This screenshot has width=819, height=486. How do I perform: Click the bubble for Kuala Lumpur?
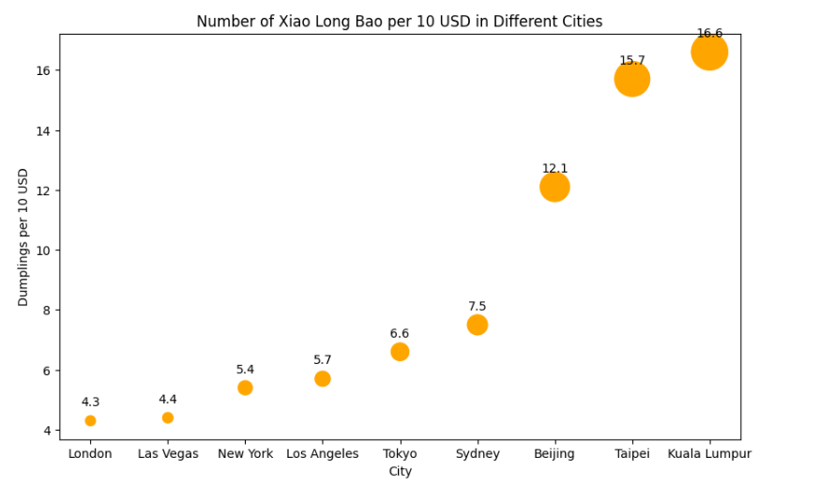coord(709,53)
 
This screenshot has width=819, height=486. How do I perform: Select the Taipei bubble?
coord(632,79)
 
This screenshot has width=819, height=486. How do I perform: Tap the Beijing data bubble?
coord(554,187)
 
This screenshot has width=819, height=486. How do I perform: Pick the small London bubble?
coord(90,420)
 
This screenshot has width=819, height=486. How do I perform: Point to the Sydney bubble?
coord(478,325)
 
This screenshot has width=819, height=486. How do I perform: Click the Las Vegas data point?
coord(168,418)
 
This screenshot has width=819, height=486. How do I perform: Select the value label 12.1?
coord(554,169)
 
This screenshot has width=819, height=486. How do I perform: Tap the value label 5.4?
coord(245,370)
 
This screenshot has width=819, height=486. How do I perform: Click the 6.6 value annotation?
coord(400,333)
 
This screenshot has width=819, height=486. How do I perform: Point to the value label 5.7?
coord(323,359)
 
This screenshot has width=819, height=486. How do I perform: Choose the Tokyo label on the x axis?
coord(400,454)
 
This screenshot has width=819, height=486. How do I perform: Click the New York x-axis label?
coord(245,454)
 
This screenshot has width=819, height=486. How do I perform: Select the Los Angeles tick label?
coord(323,454)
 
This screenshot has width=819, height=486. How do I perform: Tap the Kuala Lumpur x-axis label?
coord(709,454)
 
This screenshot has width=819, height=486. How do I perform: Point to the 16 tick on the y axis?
coord(43,70)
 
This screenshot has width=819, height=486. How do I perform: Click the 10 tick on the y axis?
coord(43,251)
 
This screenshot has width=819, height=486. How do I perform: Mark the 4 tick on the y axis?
coord(47,431)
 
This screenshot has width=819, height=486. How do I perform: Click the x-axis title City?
coord(401,472)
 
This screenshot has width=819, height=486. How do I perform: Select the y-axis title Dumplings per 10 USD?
coord(23,236)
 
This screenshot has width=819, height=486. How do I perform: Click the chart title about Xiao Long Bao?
coord(400,22)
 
